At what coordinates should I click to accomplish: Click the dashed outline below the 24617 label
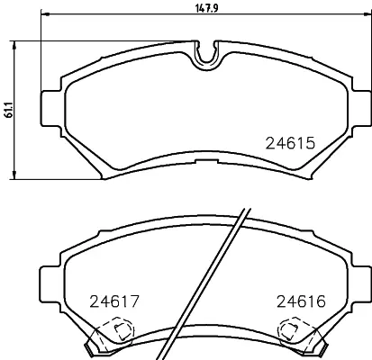(112, 334)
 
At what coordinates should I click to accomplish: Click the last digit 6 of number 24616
(320, 302)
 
